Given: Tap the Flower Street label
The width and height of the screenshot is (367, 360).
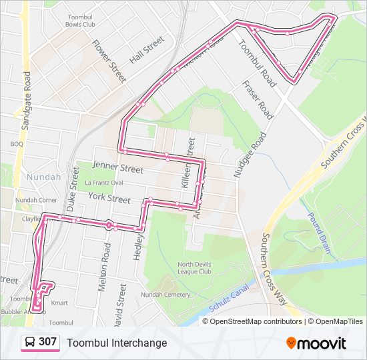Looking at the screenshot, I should [109, 61].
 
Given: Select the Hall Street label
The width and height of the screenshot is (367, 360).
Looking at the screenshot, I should [146, 50].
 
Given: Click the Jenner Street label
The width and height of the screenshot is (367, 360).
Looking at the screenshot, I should [118, 167].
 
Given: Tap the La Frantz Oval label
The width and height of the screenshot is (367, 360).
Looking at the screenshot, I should [103, 182].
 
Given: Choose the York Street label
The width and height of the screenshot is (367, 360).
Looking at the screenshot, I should [109, 198].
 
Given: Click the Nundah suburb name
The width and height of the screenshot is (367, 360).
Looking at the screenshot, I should [43, 177].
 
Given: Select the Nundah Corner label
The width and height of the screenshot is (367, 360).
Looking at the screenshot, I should [36, 199].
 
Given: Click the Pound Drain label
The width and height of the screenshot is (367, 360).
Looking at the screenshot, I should [320, 233].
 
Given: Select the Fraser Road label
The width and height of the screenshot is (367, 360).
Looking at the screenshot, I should [258, 100].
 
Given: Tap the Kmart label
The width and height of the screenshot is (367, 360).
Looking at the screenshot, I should [60, 303].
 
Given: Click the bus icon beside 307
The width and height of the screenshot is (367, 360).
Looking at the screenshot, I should [30, 342].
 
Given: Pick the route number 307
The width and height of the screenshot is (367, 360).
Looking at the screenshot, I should [48, 342].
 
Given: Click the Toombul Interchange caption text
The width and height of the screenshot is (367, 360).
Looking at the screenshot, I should [117, 343].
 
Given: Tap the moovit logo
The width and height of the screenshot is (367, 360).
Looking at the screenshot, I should [316, 343].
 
